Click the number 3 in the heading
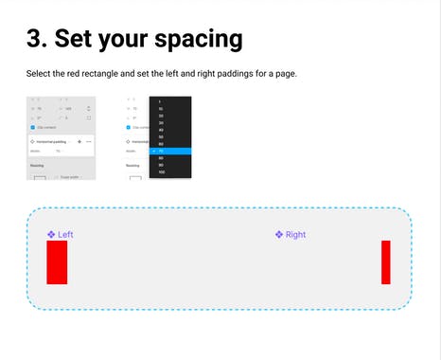pyautogui.click(x=34, y=39)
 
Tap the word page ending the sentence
pyautogui.click(x=286, y=74)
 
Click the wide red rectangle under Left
pyautogui.click(x=57, y=261)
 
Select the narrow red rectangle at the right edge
pyautogui.click(x=386, y=261)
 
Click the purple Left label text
pyautogui.click(x=65, y=235)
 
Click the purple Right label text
pyautogui.click(x=295, y=235)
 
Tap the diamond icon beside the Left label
pyautogui.click(x=51, y=235)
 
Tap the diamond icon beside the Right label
pyautogui.click(x=279, y=235)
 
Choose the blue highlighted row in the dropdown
pyautogui.click(x=170, y=151)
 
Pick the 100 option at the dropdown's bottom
pyautogui.click(x=163, y=172)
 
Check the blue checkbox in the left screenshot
pyautogui.click(x=34, y=127)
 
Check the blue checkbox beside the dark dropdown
pyautogui.click(x=129, y=127)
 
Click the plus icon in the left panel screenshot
pyautogui.click(x=79, y=141)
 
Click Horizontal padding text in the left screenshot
pyautogui.click(x=51, y=141)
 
